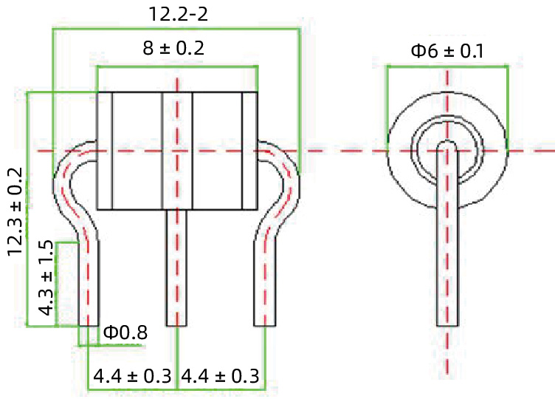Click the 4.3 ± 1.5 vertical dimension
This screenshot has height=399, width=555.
[x=46, y=278]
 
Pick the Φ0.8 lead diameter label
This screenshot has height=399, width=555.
[x=125, y=333]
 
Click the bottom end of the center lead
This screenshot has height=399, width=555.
[x=176, y=324]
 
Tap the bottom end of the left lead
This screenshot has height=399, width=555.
[x=89, y=324]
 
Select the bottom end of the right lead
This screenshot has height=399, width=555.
[x=265, y=324]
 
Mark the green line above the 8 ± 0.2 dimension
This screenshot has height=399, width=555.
[x=177, y=67]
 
